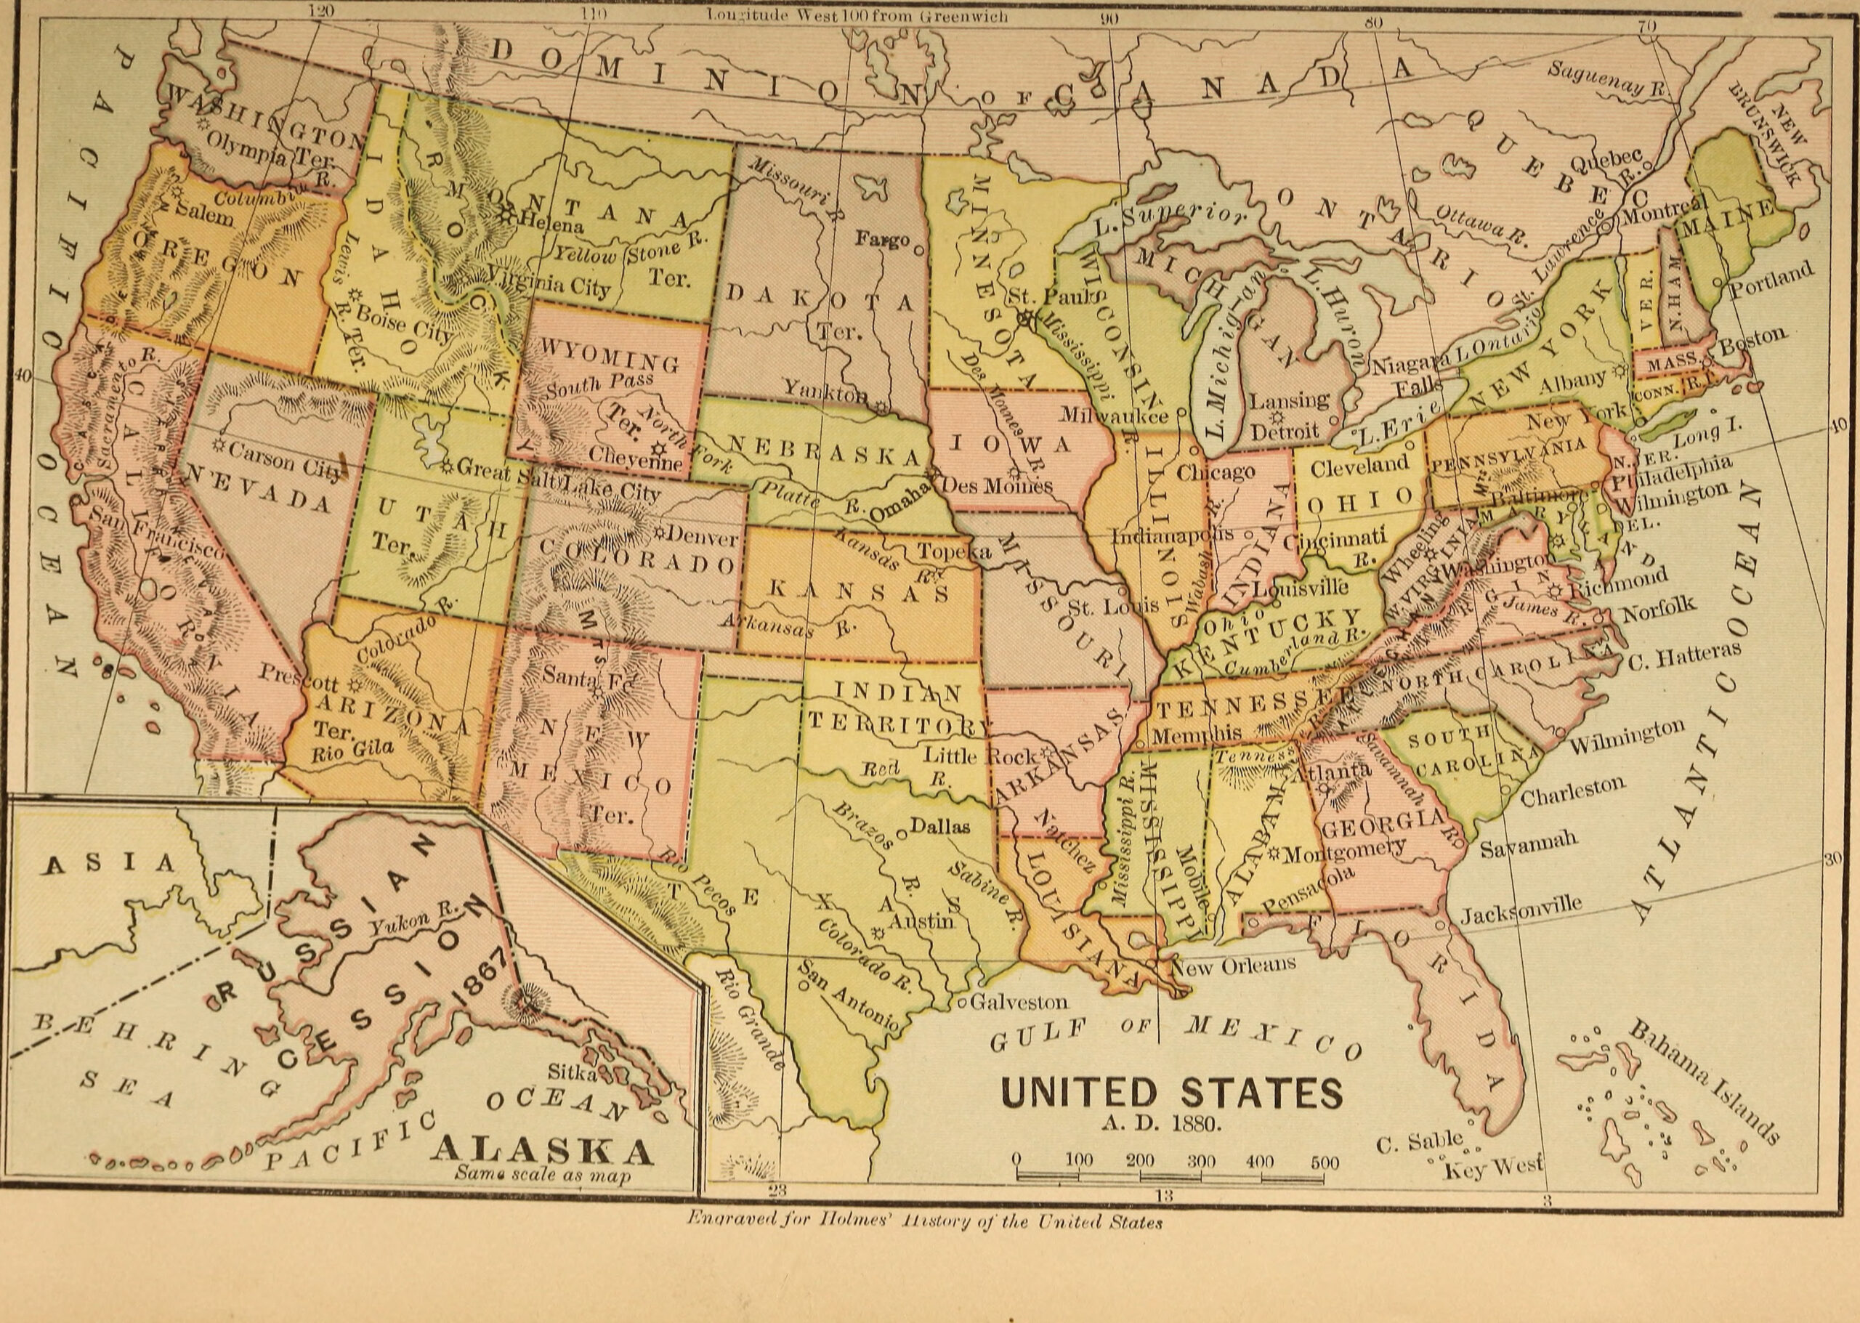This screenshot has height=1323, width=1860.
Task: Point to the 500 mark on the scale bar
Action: [1324, 1162]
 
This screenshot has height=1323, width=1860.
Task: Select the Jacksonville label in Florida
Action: [1520, 909]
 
